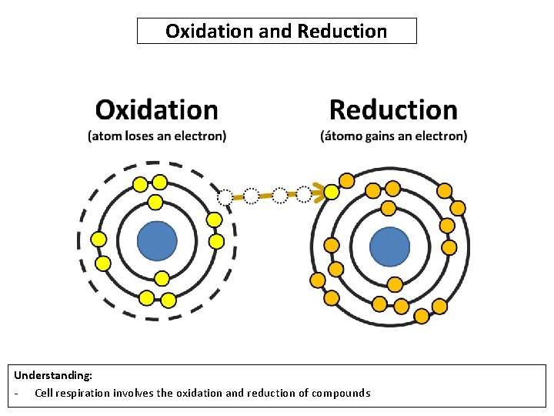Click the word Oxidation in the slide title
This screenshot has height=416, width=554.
[x=197, y=32]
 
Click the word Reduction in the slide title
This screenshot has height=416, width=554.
[x=342, y=32]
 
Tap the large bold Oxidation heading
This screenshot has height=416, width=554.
[x=156, y=110]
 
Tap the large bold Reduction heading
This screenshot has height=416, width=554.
[x=393, y=110]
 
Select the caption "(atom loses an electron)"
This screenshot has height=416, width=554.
[x=157, y=136]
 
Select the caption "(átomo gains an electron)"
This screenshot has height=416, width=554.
[x=393, y=136]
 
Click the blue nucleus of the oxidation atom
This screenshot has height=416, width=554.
[x=157, y=242]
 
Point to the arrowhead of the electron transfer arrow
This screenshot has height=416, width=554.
[x=316, y=193]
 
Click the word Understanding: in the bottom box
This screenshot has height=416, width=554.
[x=53, y=375]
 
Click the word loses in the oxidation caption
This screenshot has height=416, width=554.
[x=140, y=136]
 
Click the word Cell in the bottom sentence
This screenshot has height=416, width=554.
[x=44, y=393]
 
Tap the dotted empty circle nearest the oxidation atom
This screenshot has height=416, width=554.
[x=225, y=197]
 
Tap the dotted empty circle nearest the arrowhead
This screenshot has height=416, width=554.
[x=305, y=193]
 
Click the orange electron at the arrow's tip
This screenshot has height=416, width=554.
[x=331, y=192]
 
